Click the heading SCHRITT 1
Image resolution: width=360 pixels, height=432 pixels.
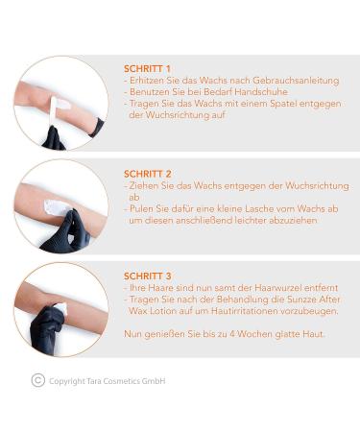(147, 69)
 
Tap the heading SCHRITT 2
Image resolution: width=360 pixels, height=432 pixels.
(148, 174)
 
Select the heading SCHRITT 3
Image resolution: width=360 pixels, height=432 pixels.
(148, 276)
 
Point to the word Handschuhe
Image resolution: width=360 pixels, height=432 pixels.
(261, 92)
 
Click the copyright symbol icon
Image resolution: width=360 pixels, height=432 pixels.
(38, 381)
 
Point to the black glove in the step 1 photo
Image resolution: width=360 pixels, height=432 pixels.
(55, 138)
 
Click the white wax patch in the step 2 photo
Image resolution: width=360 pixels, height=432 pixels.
(56, 207)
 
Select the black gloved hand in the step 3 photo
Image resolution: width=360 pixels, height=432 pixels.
(48, 326)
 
